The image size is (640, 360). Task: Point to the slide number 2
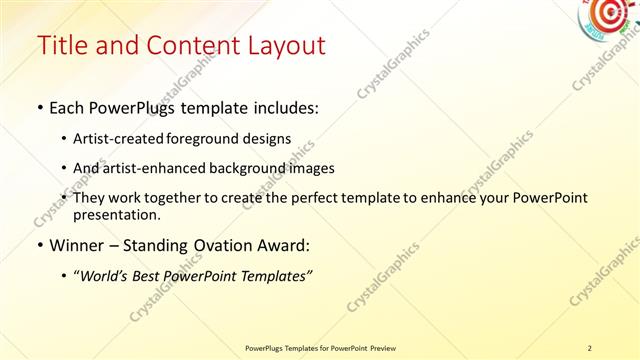pyautogui.click(x=590, y=348)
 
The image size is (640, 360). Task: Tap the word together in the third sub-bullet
pyautogui.click(x=190, y=198)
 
